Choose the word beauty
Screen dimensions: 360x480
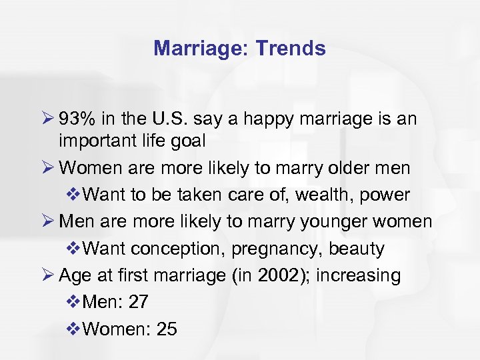click(360, 249)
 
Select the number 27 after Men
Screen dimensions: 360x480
click(138, 302)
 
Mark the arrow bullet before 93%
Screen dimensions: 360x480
click(65, 119)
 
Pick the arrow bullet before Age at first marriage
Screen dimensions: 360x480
click(65, 275)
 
